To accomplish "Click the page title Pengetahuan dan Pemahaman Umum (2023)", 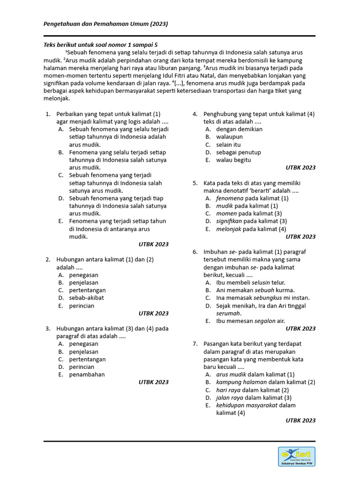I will pos(105,23).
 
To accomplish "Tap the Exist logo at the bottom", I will pos(296,456).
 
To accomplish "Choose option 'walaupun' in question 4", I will pos(229,137).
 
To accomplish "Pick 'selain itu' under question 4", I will pos(228,144).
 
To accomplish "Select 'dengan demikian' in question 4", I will pos(239,129).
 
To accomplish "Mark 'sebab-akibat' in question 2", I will pos(86,298).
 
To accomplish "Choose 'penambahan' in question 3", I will pos(87,375).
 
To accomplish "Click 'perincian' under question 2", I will pos(82,306).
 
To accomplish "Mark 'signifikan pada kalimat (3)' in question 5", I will pos(251,221).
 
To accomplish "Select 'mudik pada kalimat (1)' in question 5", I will pos(247,206).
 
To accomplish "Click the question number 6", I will pos(195,252).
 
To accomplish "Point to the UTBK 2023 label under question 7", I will pos(300,420).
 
